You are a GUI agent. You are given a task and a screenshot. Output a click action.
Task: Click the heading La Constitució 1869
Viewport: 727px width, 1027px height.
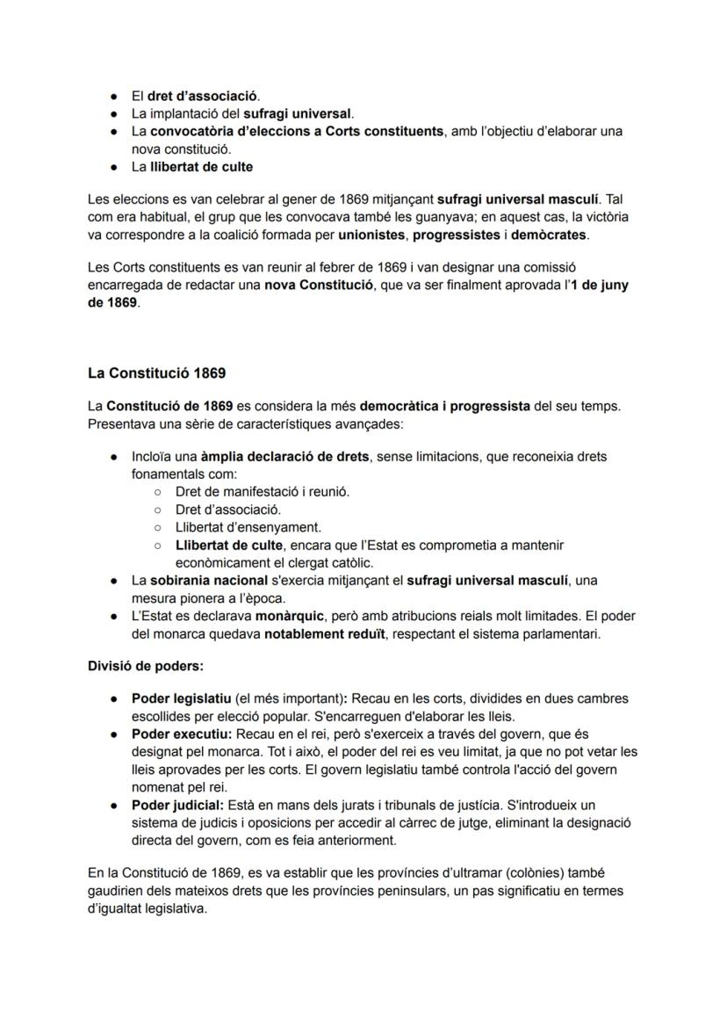click(156, 373)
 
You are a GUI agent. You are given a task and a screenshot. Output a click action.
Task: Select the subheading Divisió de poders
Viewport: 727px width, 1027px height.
click(145, 666)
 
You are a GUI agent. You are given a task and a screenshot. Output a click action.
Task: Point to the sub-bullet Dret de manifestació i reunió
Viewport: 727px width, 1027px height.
click(263, 492)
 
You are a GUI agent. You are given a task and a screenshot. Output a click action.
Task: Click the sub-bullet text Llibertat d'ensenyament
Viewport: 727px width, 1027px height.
click(248, 527)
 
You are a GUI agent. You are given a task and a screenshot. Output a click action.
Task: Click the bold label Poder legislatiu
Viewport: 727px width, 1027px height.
click(181, 698)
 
